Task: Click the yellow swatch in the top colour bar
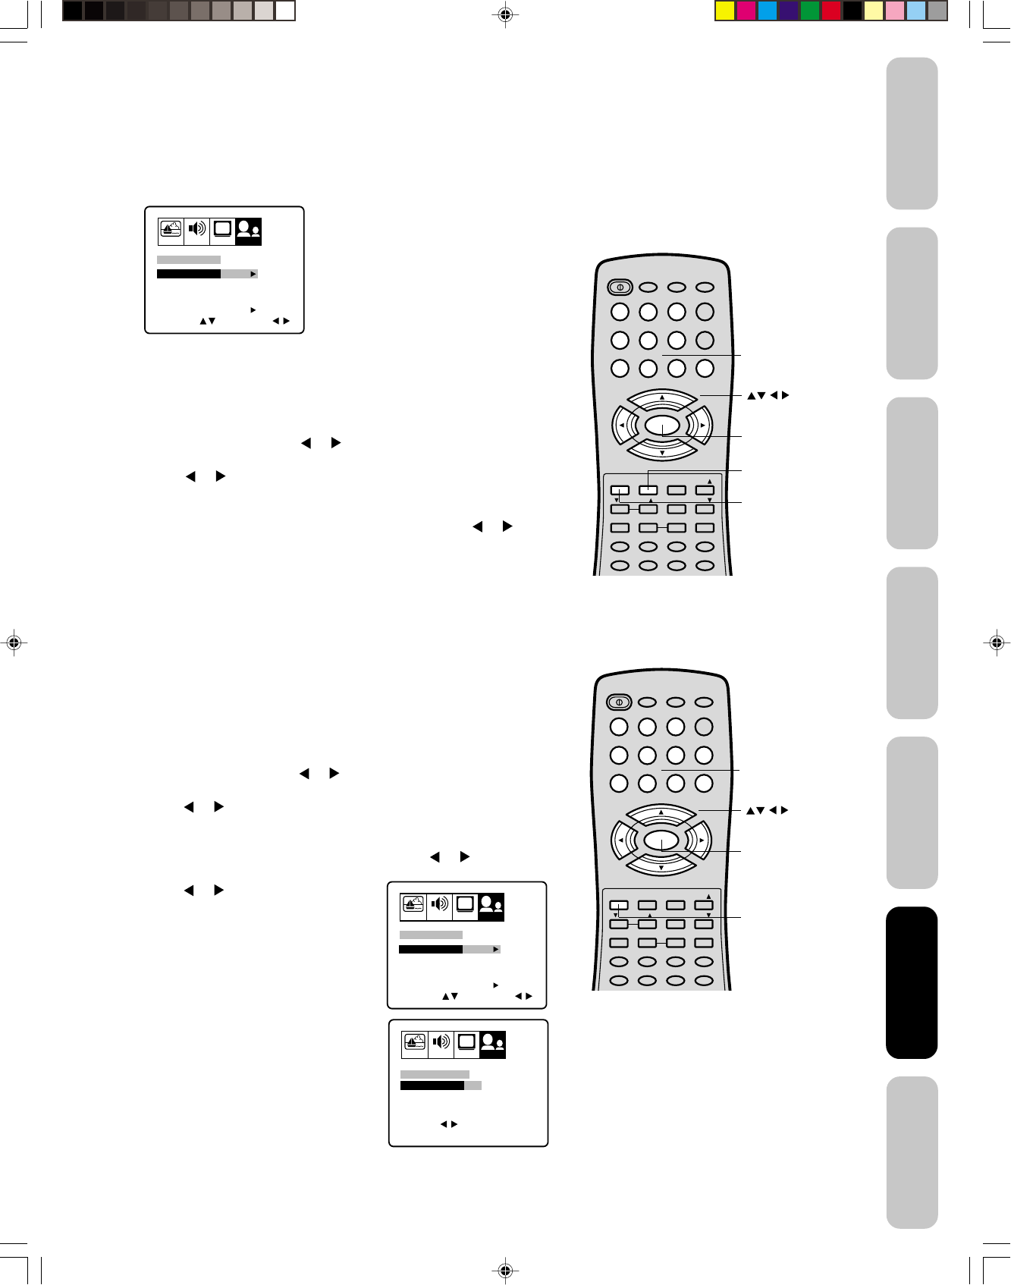click(726, 11)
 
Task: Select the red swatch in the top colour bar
click(831, 11)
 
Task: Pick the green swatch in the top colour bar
click(810, 11)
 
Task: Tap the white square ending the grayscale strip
click(285, 11)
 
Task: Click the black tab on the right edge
click(912, 982)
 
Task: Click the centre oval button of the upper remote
click(662, 426)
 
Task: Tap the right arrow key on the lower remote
click(701, 840)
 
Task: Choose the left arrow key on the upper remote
click(623, 426)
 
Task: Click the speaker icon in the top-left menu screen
click(197, 230)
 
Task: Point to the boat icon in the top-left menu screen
click(171, 230)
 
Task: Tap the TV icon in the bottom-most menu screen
click(466, 1043)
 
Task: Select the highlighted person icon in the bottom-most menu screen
click(493, 1044)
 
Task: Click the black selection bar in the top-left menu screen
click(189, 274)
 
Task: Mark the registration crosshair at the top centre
click(505, 14)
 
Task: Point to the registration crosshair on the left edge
click(13, 642)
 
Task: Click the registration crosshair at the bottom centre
click(505, 1271)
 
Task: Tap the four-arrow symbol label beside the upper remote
click(768, 395)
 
